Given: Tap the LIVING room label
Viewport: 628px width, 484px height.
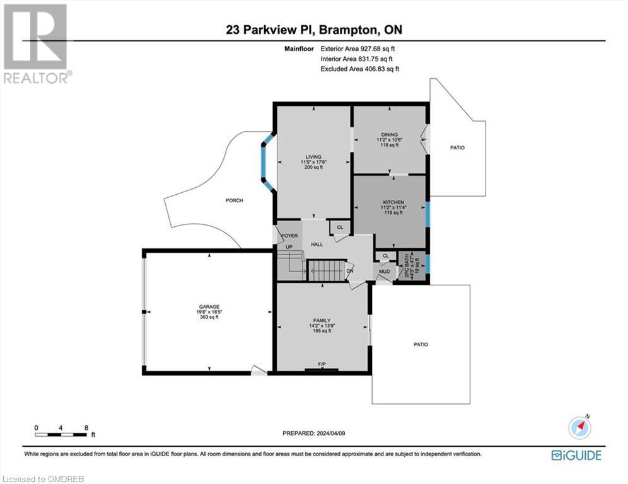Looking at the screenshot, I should coord(313,157).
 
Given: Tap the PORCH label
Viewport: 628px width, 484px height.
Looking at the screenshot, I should coord(234,200).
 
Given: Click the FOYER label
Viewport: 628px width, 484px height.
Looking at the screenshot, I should coord(289,236).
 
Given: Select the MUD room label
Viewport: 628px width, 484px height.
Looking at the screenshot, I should coord(383,272).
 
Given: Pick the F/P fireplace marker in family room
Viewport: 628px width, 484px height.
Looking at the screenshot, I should coord(322,365).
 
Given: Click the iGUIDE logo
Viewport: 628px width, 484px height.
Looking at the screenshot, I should coord(576,455).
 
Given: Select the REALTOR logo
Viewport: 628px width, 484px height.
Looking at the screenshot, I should coord(37,44).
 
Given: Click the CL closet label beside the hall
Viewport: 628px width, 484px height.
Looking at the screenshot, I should coord(340,228).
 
